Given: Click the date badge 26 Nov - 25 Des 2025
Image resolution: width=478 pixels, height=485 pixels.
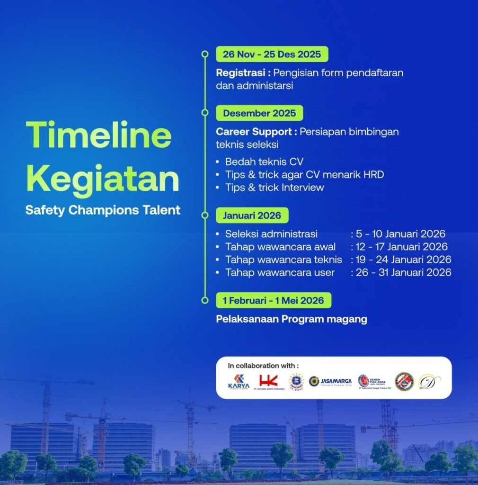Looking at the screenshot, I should tap(272, 54).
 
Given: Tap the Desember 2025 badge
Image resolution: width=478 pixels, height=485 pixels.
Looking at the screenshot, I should tap(259, 113).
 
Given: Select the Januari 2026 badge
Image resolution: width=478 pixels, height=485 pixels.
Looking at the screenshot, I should tap(252, 216).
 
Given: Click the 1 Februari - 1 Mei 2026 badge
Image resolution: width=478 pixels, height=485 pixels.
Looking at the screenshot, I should tap(273, 300).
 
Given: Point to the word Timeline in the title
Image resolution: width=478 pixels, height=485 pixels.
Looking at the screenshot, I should tap(98, 135).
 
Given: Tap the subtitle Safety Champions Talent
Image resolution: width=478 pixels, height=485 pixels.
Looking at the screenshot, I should tap(103, 210).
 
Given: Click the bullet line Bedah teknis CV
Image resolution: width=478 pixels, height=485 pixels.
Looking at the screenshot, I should tap(264, 162).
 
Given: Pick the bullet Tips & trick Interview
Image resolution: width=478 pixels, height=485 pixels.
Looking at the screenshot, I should tap(274, 187).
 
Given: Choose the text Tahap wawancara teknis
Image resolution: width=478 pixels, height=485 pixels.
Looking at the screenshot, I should tap(283, 260).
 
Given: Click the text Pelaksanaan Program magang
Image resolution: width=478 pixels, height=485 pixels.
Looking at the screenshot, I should tap(292, 319).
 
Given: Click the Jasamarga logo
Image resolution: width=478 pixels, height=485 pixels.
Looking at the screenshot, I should tap(330, 381).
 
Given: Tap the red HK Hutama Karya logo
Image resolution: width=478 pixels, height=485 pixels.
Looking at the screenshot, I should tap(268, 381).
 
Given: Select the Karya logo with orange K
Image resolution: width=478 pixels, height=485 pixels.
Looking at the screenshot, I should tap(239, 381).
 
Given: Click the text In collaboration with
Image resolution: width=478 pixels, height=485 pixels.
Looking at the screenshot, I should tap(263, 366).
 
